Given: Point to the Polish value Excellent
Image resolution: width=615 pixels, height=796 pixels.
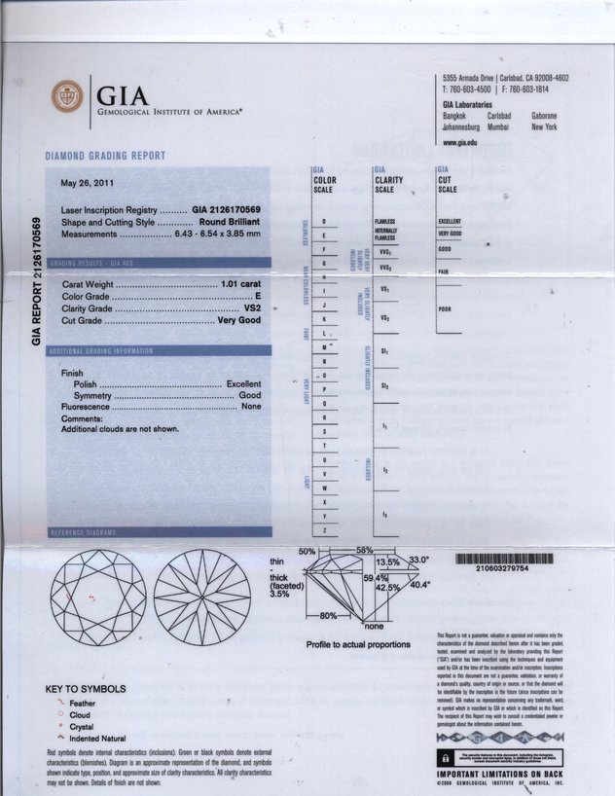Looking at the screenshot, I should tap(243, 384).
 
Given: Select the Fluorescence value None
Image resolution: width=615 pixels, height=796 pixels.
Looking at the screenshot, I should tap(251, 408).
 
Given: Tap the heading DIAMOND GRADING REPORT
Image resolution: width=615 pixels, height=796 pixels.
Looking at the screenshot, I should tap(105, 157).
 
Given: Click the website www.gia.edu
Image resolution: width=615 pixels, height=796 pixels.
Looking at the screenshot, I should tap(459, 142).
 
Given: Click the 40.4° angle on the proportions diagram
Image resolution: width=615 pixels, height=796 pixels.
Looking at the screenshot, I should tap(418, 586).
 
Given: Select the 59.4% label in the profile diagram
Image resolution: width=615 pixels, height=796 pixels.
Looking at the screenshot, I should tap(377, 578).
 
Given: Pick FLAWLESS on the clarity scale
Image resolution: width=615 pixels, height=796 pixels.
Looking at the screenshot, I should tap(383, 222).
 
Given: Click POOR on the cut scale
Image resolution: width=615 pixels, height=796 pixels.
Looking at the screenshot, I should tap(445, 309).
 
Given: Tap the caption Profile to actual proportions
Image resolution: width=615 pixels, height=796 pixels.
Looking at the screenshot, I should tap(358, 644).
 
